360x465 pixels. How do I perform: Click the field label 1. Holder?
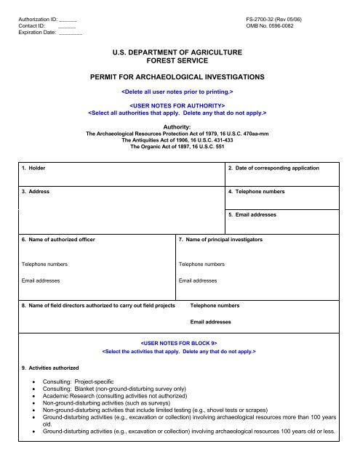point(35,169)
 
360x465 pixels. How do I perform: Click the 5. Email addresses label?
point(255,215)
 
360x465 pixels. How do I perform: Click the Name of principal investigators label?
point(221,239)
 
